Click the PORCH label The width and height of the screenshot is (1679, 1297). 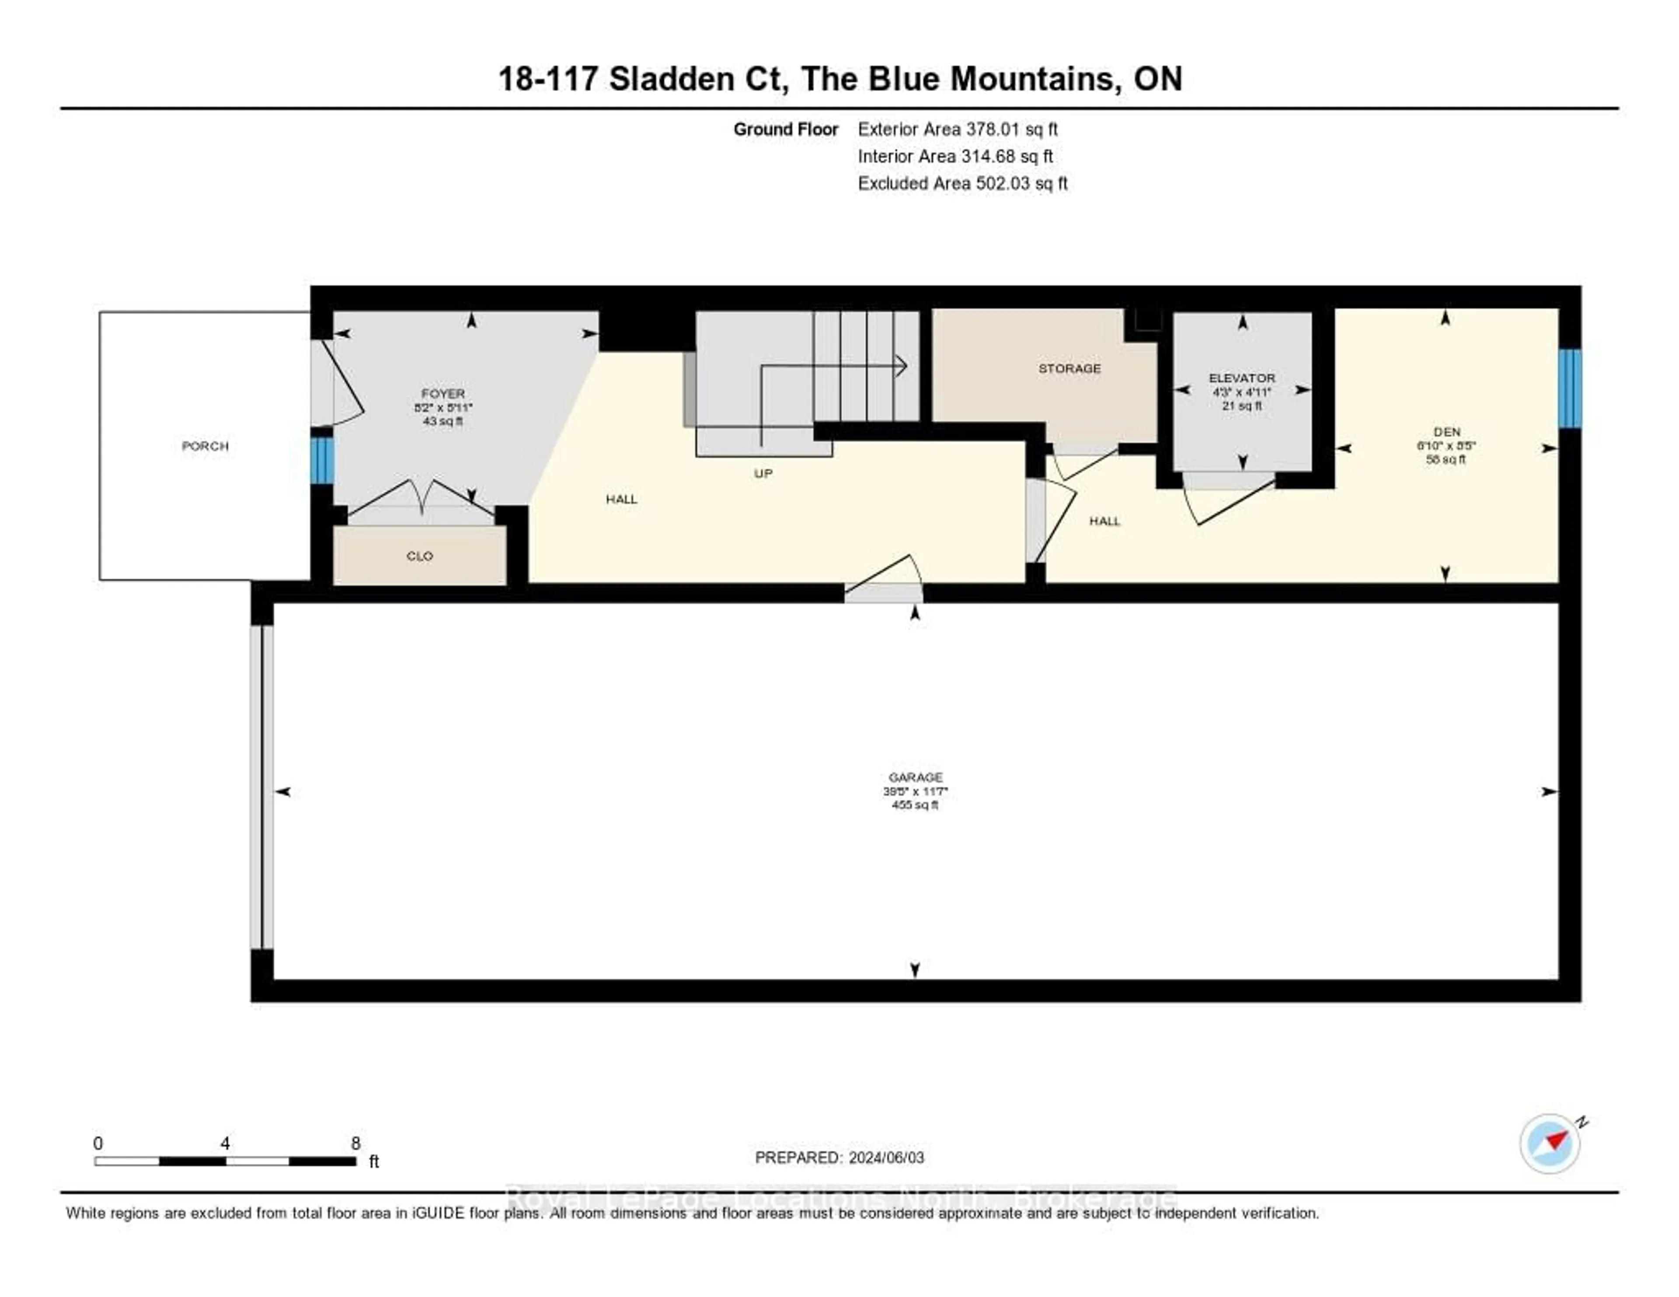(x=205, y=446)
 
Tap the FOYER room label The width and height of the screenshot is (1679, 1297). (x=443, y=394)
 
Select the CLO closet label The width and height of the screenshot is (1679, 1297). (x=420, y=556)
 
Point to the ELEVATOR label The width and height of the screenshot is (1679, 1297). (x=1242, y=378)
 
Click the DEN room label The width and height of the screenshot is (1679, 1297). (x=1446, y=432)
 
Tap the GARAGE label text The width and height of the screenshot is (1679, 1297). (x=915, y=777)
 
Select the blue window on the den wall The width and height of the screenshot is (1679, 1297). (x=1569, y=388)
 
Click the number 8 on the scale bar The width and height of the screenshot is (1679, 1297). (x=355, y=1143)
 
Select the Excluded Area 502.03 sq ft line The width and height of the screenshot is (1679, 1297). (x=962, y=183)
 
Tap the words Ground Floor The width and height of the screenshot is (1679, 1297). (x=785, y=129)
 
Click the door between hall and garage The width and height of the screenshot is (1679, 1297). (x=884, y=584)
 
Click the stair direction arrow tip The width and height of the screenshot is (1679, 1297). (x=905, y=366)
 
